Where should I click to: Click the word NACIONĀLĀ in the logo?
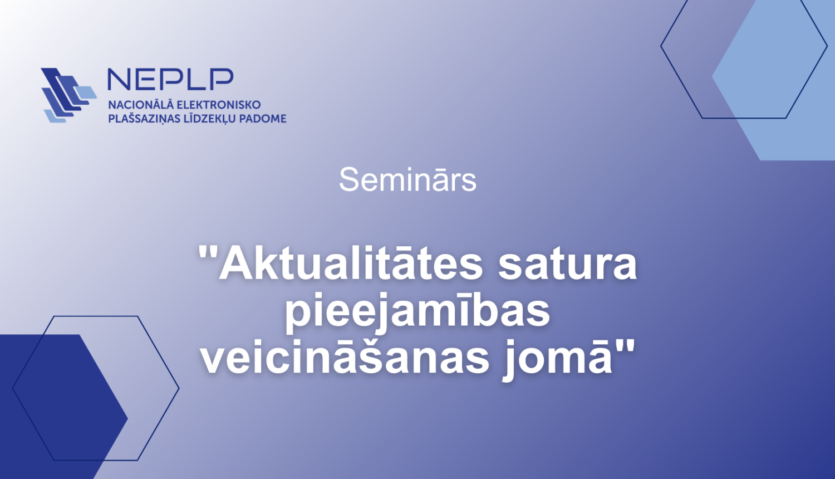(141, 105)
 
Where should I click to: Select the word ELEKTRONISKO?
(219, 105)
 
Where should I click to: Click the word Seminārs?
(407, 180)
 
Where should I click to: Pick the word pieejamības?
(417, 312)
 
